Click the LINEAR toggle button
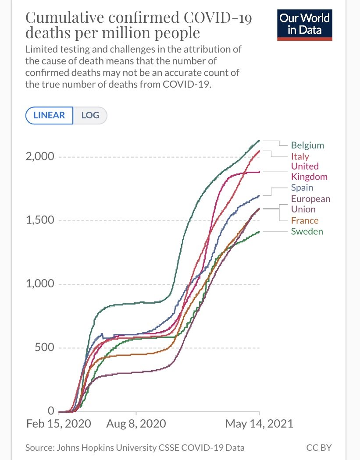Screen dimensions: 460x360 (x=49, y=116)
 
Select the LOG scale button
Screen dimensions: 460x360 (x=90, y=116)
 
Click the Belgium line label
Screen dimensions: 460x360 (x=307, y=145)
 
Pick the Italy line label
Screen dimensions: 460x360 (x=300, y=156)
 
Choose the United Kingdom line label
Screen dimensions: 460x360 (x=309, y=171)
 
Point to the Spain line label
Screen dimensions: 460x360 (x=302, y=188)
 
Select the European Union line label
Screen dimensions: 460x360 (x=310, y=204)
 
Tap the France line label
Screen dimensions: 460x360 (x=305, y=220)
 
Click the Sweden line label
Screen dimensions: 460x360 (x=307, y=231)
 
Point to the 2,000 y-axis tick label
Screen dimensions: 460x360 (x=39, y=157)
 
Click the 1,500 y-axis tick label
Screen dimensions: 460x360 (x=39, y=220)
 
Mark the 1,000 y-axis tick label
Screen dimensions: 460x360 (x=39, y=284)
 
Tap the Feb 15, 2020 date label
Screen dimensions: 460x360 (x=59, y=424)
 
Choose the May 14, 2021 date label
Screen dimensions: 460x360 (x=259, y=424)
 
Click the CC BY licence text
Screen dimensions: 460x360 (x=319, y=448)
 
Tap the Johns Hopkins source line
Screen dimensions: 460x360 (x=135, y=448)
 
